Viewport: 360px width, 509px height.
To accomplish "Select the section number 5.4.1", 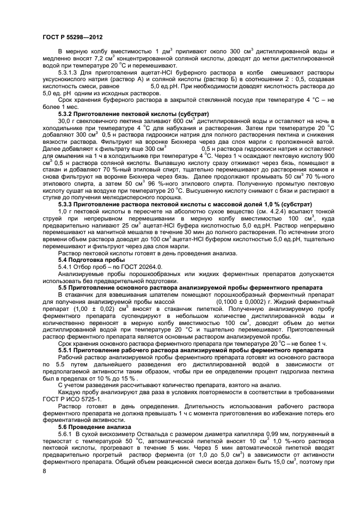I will (66, 267).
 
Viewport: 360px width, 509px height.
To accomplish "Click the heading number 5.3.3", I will (68, 210).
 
